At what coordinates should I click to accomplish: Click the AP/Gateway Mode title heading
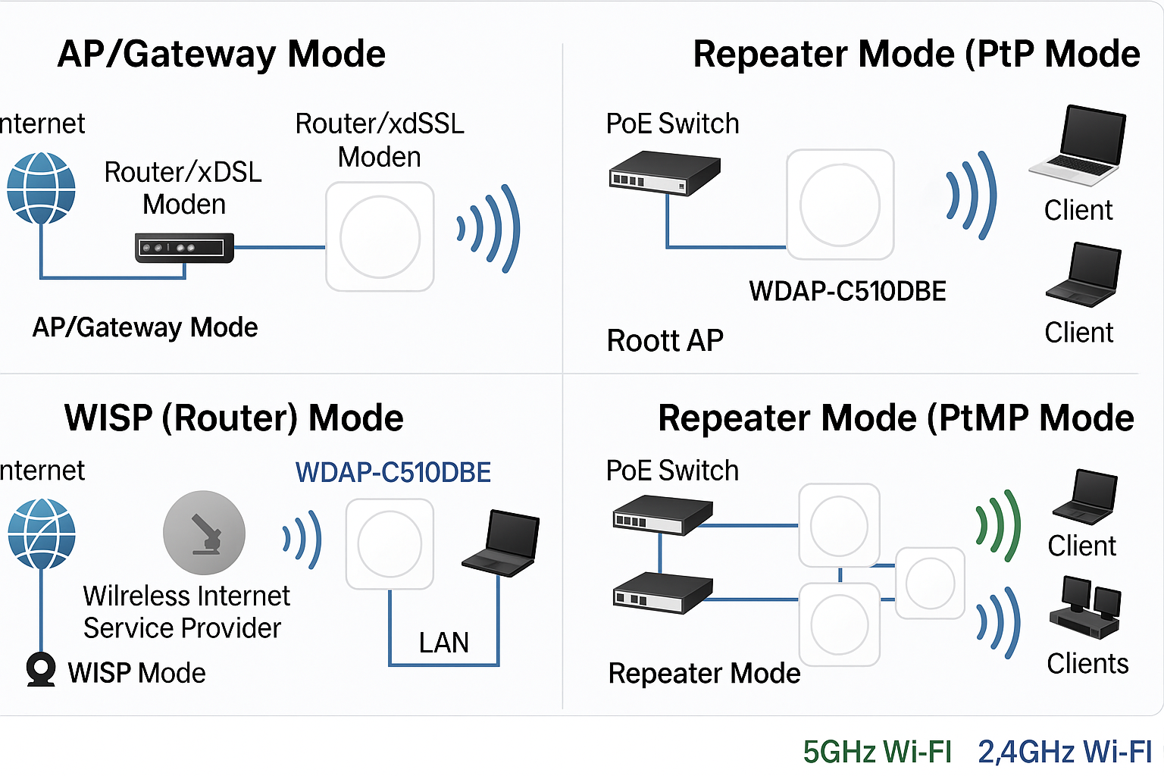[221, 55]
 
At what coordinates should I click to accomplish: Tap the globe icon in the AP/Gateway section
[41, 188]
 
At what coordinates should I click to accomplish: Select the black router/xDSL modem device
[184, 248]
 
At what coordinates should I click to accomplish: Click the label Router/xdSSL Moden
[379, 140]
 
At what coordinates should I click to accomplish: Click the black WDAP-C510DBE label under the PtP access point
[847, 292]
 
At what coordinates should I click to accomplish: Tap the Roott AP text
[665, 341]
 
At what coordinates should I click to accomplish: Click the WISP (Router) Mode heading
[233, 418]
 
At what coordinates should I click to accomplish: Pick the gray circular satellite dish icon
[204, 533]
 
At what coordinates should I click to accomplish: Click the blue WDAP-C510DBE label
[393, 473]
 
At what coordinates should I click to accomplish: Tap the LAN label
[444, 643]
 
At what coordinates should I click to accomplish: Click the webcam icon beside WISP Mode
[40, 669]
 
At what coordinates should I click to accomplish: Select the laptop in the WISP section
[502, 543]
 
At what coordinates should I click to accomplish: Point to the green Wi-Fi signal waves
[999, 525]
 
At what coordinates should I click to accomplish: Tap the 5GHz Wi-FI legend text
[877, 752]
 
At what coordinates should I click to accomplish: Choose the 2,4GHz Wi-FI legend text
[1064, 752]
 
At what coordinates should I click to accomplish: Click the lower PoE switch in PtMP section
[662, 593]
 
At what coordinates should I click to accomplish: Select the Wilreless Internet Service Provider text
[186, 612]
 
